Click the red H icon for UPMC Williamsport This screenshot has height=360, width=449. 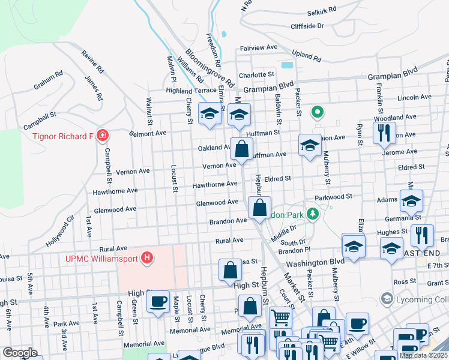[147, 259]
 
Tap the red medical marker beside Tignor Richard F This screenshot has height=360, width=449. [103, 136]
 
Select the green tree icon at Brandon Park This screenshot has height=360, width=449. [312, 214]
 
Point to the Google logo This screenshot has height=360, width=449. [19, 353]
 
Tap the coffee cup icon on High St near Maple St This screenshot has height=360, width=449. [158, 301]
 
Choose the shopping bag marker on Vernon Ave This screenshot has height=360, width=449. [241, 149]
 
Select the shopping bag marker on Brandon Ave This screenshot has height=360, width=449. [259, 208]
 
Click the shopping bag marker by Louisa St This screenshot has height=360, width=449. [231, 271]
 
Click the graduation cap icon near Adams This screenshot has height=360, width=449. [411, 201]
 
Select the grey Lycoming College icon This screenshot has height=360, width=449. [387, 298]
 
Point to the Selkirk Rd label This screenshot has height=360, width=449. [321, 11]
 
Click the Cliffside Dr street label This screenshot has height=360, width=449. [307, 26]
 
